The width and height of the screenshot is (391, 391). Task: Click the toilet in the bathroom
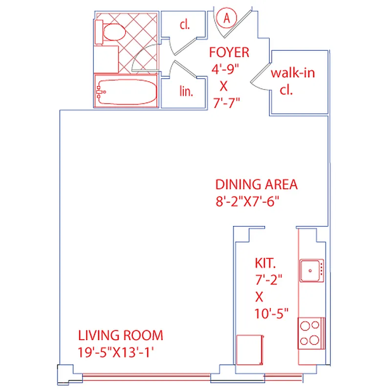112,32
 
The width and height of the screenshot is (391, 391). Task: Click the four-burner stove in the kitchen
311,333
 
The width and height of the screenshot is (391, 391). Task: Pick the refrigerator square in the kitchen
250,350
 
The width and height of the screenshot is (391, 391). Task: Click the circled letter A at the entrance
226,18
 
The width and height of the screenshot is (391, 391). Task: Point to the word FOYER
229,52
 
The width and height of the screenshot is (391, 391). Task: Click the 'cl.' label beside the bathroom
184,25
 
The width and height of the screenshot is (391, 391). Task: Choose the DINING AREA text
257,185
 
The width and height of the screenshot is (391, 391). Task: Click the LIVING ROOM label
121,335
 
